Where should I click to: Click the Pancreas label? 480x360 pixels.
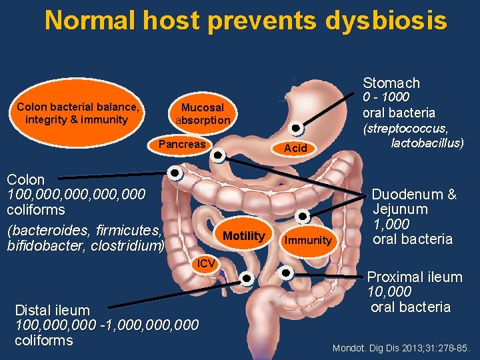click(182, 145)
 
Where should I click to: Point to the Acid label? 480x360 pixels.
click(295, 148)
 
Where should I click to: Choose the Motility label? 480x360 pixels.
click(243, 236)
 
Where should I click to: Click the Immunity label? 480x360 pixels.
click(307, 240)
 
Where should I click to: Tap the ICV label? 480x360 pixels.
click(205, 263)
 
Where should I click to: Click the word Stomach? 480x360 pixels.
click(391, 83)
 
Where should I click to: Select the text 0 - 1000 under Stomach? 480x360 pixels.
click(385, 97)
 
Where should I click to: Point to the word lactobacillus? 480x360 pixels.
click(427, 143)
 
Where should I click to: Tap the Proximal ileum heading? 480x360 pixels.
click(415, 277)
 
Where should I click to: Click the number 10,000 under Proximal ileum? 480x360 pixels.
click(390, 292)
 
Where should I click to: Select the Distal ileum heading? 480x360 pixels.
click(52, 310)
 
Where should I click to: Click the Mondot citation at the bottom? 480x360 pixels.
click(401, 348)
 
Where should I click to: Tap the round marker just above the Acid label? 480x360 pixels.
click(298, 129)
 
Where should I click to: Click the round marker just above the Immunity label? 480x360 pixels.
click(303, 216)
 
